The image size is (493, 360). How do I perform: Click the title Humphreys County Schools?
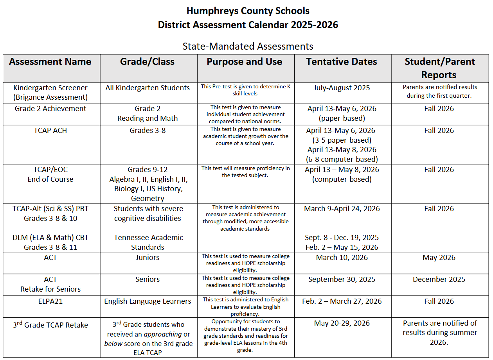(x=248, y=11)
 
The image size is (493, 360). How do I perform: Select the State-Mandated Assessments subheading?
(x=248, y=46)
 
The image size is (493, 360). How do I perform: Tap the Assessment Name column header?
(x=50, y=62)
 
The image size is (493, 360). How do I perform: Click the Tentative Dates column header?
(x=342, y=62)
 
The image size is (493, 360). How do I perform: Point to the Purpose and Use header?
(x=245, y=62)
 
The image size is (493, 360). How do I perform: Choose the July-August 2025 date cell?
(x=342, y=88)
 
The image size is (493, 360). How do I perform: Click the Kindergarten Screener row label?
(x=50, y=92)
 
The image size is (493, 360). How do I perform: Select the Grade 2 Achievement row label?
(x=50, y=109)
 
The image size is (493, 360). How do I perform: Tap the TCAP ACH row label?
(x=50, y=131)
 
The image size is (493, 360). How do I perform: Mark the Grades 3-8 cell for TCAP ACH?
(x=148, y=131)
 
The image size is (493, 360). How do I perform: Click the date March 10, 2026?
(x=342, y=258)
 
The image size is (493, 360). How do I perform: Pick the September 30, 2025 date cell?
(x=342, y=279)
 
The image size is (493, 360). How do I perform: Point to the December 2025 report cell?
(x=439, y=279)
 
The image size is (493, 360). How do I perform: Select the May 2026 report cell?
(x=439, y=258)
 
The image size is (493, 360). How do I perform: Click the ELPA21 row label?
(x=50, y=301)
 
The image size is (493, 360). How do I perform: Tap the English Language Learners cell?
(x=148, y=301)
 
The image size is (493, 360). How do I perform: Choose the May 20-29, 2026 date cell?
(x=342, y=323)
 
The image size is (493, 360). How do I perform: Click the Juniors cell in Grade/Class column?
(x=148, y=258)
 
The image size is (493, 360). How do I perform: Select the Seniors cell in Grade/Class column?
(x=148, y=279)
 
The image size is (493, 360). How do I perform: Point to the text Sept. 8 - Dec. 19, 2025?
(x=342, y=238)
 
